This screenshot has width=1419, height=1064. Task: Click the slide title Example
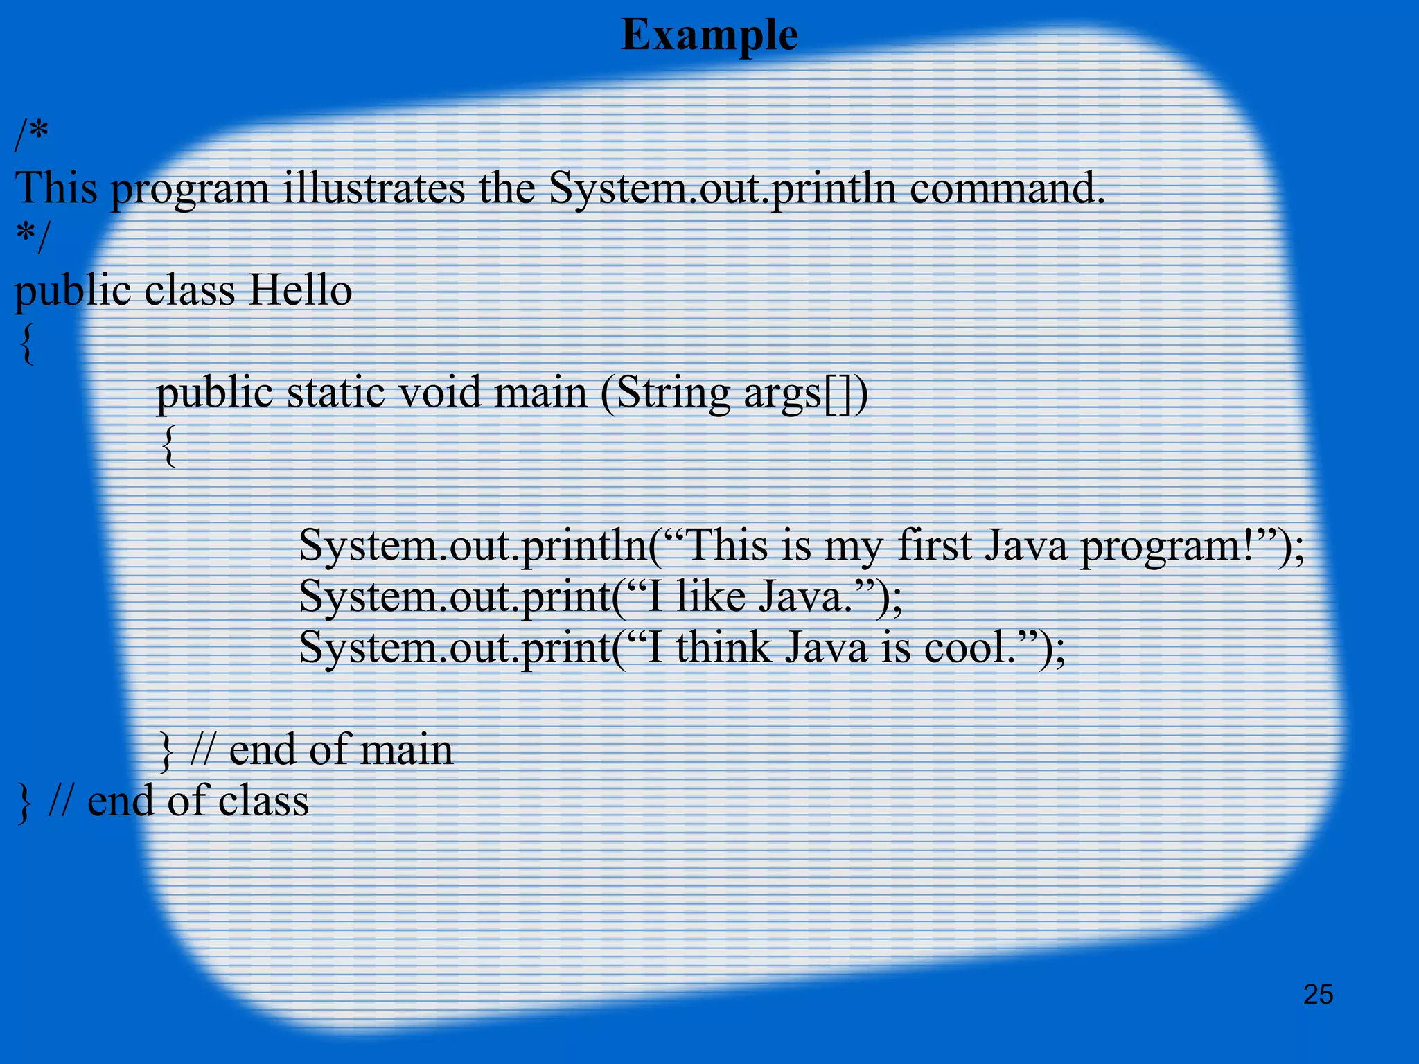click(709, 35)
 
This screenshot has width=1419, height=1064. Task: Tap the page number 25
click(1318, 995)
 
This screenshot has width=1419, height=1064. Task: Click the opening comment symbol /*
click(32, 136)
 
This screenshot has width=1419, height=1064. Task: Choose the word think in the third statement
click(723, 648)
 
